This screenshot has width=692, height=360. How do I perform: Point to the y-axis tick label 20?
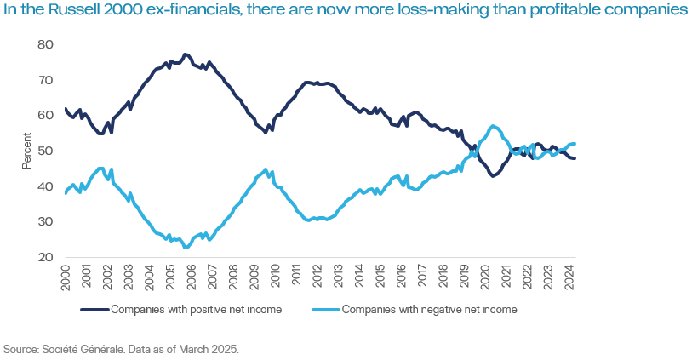[x=47, y=257]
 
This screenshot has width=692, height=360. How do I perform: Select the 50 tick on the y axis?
[x=47, y=151]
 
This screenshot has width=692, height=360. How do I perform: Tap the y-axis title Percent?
[x=26, y=151]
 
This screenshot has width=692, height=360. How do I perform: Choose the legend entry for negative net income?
[x=429, y=310]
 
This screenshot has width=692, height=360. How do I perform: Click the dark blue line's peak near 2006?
[x=186, y=54]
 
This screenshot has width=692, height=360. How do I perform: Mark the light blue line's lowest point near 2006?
[x=186, y=248]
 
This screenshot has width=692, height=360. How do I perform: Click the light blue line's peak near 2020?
[x=495, y=126]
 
